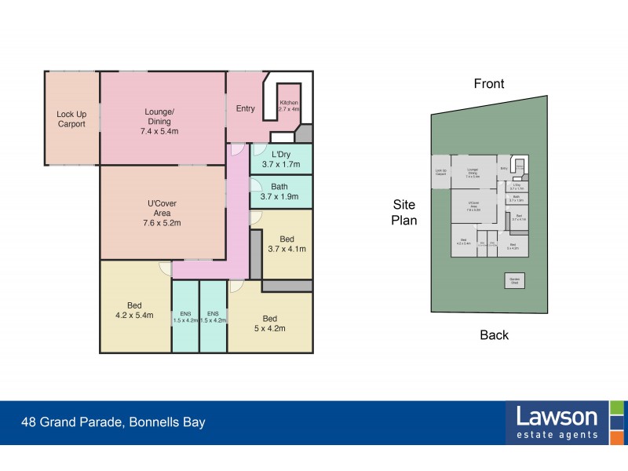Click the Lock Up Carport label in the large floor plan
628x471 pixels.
point(71,119)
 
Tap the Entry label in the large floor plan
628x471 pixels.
point(245,108)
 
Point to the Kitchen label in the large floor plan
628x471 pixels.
point(288,104)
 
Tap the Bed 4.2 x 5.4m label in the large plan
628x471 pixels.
point(135,310)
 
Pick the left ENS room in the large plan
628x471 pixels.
point(185,317)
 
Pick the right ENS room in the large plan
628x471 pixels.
point(213,317)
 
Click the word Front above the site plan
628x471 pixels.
point(488,83)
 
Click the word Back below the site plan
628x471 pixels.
point(495,335)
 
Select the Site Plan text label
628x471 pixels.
point(404,212)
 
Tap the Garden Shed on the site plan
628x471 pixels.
point(515,280)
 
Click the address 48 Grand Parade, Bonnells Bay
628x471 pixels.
point(113,422)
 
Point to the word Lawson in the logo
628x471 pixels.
point(557,416)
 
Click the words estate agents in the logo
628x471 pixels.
point(557,434)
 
